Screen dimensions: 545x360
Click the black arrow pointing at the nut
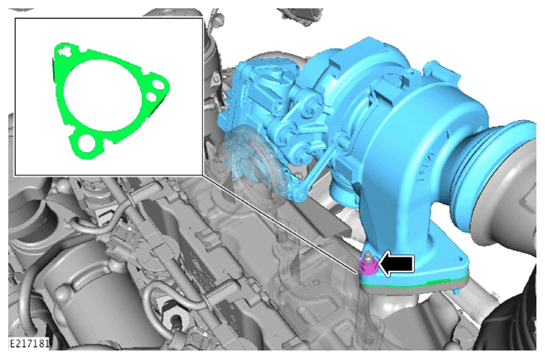click(397, 264)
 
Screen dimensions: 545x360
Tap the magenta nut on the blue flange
click(369, 266)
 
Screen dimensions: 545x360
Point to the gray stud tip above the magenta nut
click(367, 257)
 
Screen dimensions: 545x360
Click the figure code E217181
click(29, 343)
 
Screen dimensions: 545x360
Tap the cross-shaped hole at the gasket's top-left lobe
click(65, 51)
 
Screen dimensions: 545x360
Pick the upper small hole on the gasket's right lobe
click(158, 84)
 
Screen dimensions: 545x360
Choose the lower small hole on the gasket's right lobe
click(152, 96)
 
